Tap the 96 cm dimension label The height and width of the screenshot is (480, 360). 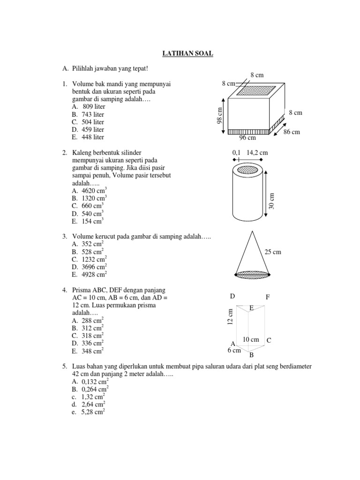point(247,138)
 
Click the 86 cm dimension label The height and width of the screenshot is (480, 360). point(291,132)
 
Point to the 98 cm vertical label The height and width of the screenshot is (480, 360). point(218,115)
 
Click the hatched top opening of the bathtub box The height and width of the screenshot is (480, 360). point(256,91)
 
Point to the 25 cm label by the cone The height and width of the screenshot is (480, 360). point(273,252)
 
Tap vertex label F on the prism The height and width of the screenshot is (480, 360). point(268,297)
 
